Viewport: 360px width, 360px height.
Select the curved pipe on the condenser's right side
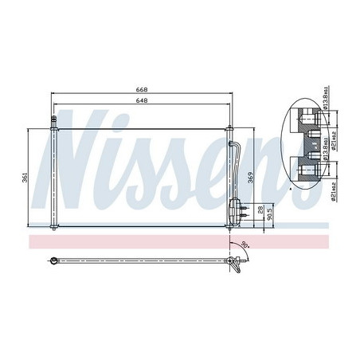click(x=236, y=163)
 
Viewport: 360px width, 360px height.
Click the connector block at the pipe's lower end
click(x=237, y=209)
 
